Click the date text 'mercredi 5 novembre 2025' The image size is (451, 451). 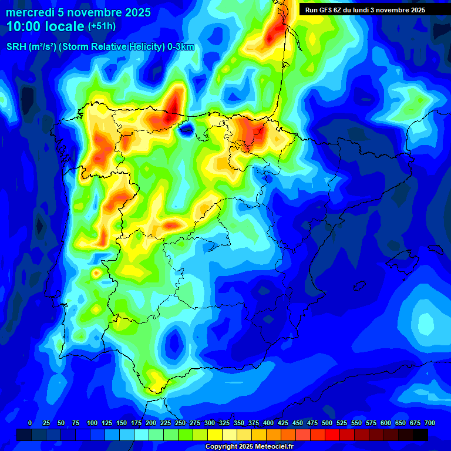(x=78, y=12)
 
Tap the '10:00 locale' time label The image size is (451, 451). (x=45, y=26)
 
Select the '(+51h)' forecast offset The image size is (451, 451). (x=102, y=26)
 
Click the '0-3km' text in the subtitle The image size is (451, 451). (x=180, y=47)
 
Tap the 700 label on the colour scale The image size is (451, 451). (x=430, y=423)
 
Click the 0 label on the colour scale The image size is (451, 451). (x=30, y=423)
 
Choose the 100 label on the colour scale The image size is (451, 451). (x=92, y=423)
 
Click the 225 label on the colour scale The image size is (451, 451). (x=166, y=423)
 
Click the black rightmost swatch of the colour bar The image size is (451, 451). (x=420, y=435)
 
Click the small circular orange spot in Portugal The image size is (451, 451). (x=96, y=273)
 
